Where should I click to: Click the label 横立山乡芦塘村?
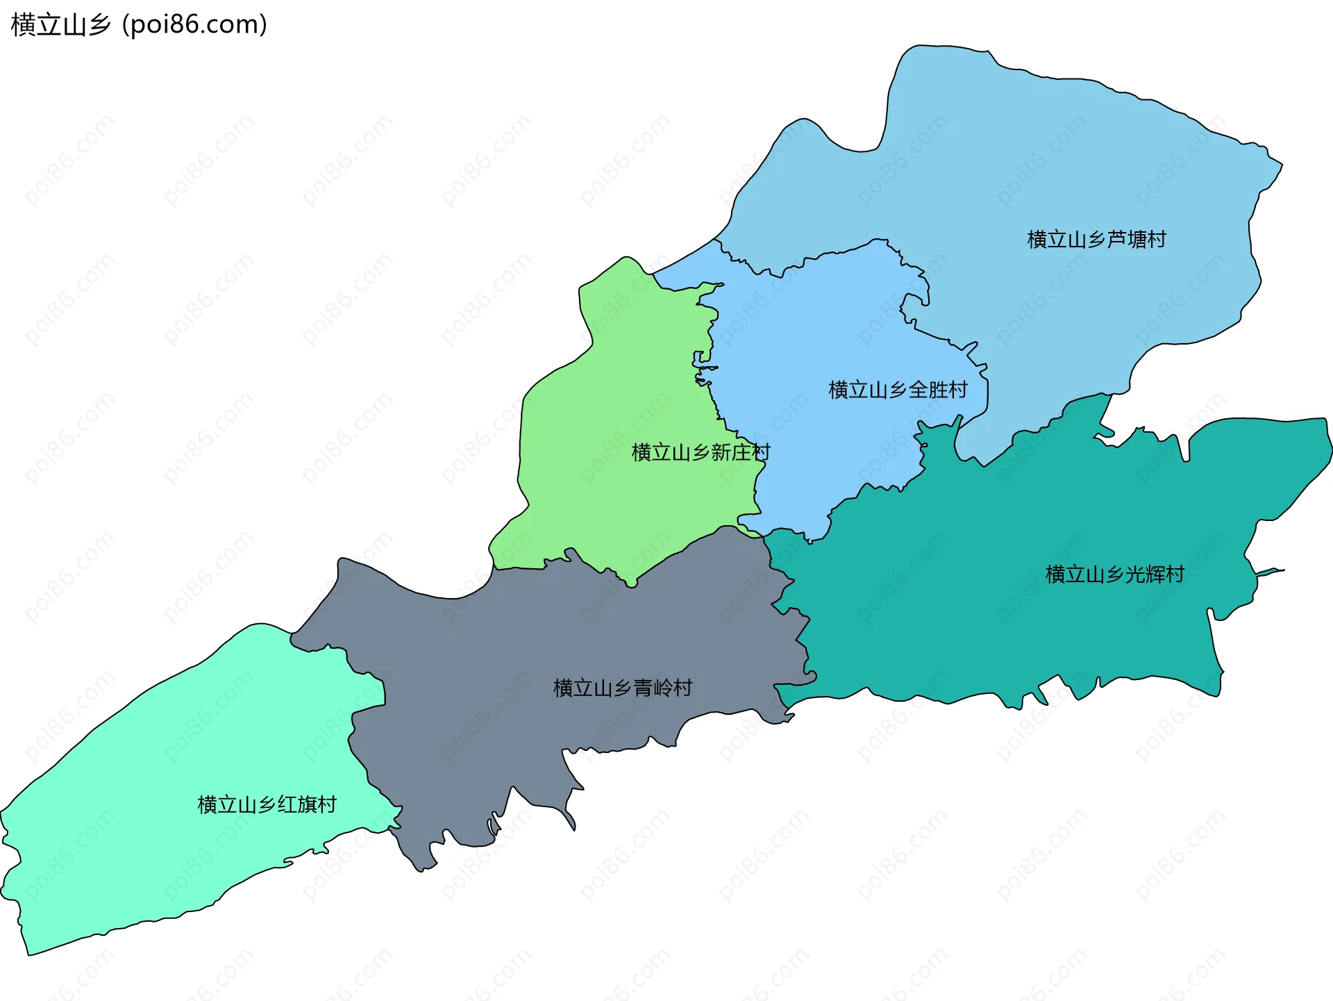[x=1096, y=240]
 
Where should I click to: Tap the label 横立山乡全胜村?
[x=898, y=390]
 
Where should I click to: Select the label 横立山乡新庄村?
[x=701, y=452]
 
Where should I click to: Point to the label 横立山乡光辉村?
[x=1114, y=574]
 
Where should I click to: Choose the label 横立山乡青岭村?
[x=623, y=688]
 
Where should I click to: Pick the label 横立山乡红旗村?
[x=267, y=804]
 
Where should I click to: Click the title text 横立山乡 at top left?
[x=61, y=25]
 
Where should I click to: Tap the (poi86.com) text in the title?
[x=195, y=25]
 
